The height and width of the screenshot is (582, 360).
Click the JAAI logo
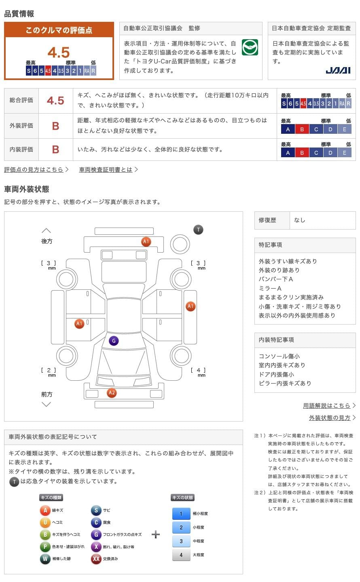[338, 70]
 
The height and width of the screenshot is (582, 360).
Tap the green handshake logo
[250, 48]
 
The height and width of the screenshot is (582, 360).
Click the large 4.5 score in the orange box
[59, 53]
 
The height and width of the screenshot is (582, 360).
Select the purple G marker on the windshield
[114, 341]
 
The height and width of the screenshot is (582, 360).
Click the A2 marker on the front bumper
[112, 392]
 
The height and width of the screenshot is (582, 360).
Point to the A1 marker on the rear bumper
[146, 242]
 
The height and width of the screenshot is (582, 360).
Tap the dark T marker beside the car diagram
[198, 230]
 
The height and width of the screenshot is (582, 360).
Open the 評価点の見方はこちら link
[34, 170]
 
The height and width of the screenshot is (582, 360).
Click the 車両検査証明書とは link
[106, 170]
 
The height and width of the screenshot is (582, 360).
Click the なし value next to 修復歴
[300, 220]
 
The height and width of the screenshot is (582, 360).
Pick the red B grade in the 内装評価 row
[55, 150]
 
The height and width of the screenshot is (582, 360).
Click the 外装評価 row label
[21, 126]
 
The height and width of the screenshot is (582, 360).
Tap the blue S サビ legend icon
[96, 510]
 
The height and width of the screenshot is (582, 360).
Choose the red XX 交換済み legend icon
[96, 559]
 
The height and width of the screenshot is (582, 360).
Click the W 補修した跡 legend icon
[45, 559]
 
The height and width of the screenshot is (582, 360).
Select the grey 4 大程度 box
[181, 555]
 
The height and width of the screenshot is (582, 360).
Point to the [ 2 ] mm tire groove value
[49, 370]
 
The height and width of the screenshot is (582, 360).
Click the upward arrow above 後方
[47, 230]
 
